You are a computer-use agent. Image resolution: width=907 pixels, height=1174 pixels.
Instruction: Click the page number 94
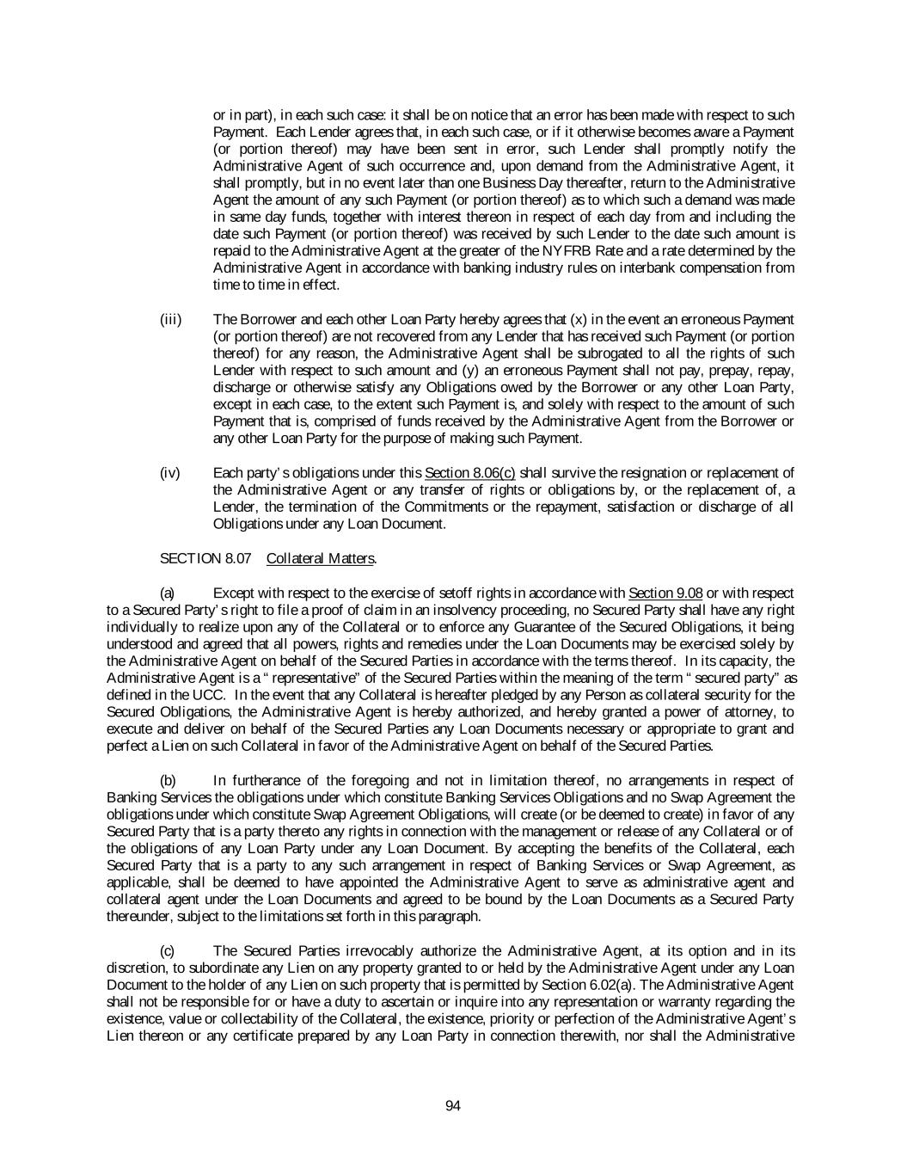(453, 1106)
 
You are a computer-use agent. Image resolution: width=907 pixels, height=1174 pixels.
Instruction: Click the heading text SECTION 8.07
(205, 559)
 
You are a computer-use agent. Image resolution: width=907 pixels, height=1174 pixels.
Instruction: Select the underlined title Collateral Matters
(320, 559)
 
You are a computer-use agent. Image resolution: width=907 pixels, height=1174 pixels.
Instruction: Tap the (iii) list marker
(170, 320)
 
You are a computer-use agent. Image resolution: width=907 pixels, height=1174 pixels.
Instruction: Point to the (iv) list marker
(170, 473)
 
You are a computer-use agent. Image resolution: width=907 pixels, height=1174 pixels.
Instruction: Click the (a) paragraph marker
(168, 593)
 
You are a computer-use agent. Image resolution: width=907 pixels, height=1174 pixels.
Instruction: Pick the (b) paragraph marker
(168, 781)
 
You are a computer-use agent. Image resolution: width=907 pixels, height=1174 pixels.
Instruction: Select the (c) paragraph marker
(168, 951)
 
